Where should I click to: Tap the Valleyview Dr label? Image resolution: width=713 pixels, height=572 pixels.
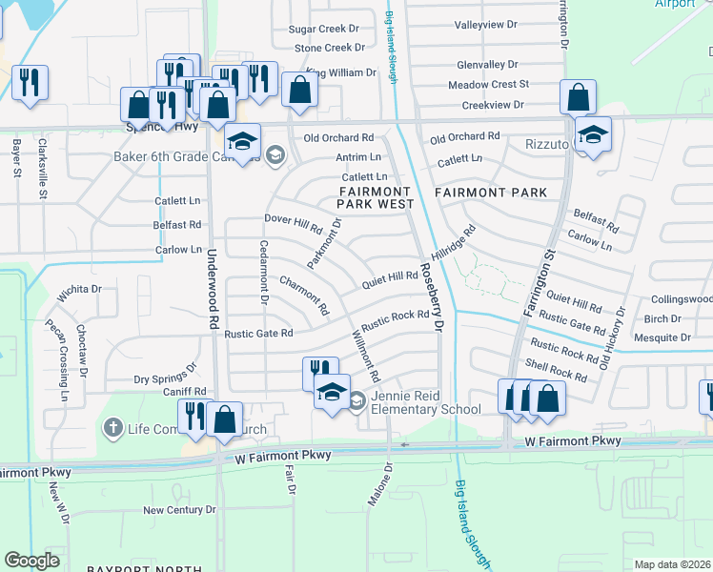point(486,24)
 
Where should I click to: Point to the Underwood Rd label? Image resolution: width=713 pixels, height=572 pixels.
point(213,277)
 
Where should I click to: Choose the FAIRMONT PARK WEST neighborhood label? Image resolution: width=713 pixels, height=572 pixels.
point(377,198)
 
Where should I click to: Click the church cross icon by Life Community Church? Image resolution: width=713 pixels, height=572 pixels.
point(112,428)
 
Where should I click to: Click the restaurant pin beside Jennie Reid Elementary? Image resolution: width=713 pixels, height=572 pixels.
point(320,371)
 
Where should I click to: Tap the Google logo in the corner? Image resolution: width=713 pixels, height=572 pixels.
point(31,561)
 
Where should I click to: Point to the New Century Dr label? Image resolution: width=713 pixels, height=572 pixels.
point(179,510)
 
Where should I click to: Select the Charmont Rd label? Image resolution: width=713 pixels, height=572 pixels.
point(304,296)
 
